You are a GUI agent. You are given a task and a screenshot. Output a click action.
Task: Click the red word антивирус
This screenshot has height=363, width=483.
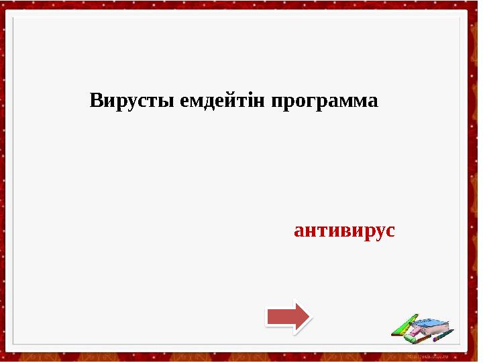(344, 231)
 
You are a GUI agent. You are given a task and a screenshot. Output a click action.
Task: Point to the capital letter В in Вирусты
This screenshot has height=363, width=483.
(96, 102)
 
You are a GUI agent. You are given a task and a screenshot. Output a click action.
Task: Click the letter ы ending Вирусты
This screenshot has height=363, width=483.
(170, 103)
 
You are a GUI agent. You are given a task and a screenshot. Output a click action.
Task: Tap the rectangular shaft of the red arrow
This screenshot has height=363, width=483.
(280, 316)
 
